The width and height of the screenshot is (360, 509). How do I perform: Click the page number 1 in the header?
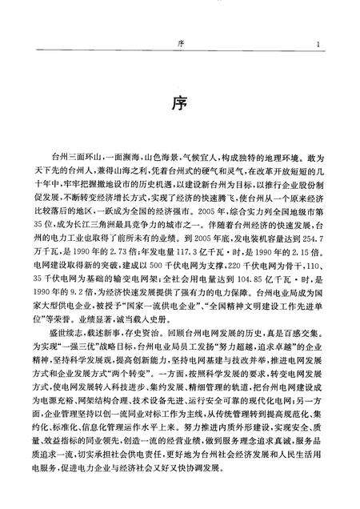(318, 44)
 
